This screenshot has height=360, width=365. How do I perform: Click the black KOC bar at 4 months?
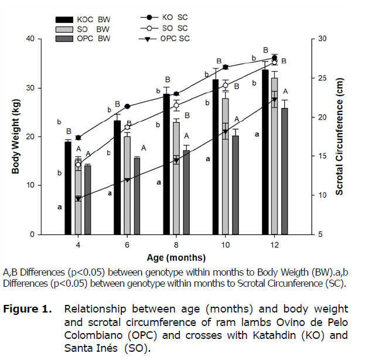click(x=68, y=188)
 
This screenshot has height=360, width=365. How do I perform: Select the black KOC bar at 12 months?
click(x=265, y=152)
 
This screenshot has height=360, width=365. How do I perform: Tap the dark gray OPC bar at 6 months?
click(x=137, y=196)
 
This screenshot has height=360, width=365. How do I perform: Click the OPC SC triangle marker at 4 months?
click(x=78, y=199)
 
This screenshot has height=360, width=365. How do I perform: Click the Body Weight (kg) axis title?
click(x=16, y=137)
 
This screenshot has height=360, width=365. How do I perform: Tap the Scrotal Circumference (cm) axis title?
click(x=339, y=137)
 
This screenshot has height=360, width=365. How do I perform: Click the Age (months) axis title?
click(x=176, y=257)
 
